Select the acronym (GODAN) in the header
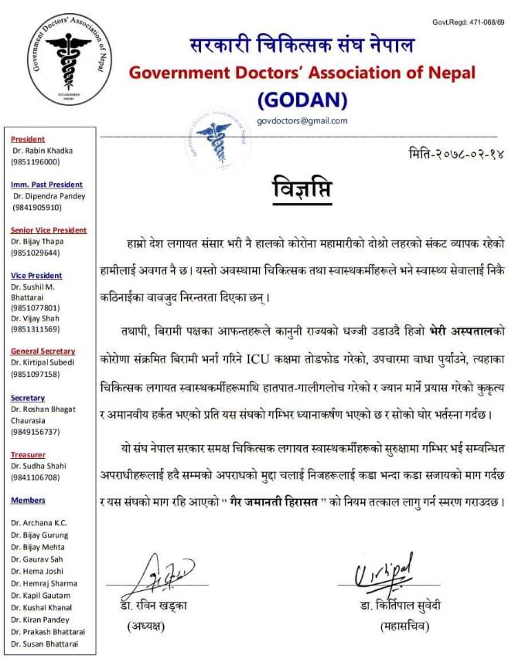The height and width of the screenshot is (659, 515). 302,100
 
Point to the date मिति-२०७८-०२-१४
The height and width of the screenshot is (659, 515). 455,154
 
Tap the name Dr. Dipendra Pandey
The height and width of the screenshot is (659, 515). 48,196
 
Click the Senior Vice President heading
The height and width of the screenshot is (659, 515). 49,230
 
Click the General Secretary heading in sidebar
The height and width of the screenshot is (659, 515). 43,352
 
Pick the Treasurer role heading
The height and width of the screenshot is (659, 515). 28,455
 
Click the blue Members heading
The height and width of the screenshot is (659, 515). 28,501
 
